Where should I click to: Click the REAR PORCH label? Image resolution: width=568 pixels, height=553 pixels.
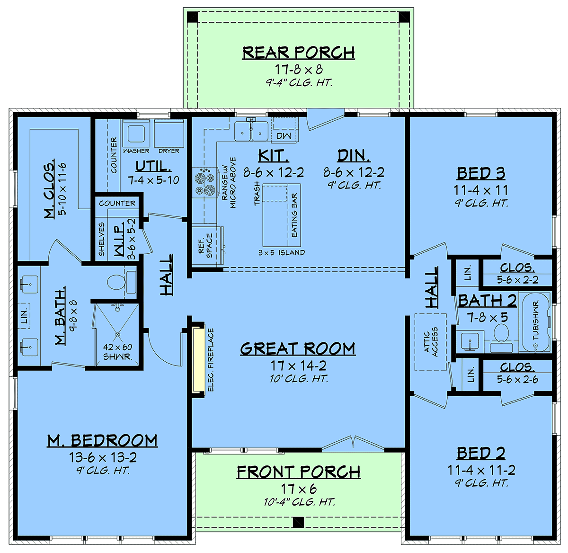(298, 53)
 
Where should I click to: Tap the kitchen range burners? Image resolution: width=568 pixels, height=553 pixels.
(205, 182)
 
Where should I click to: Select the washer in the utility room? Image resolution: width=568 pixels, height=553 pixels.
(136, 133)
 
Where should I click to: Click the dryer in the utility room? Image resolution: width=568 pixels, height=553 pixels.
(169, 133)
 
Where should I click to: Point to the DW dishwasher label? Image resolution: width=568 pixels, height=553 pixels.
(284, 136)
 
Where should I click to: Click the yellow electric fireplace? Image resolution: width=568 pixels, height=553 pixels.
(198, 360)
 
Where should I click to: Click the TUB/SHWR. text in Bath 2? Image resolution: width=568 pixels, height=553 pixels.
(536, 321)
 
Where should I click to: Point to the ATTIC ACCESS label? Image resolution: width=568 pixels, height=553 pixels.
(431, 342)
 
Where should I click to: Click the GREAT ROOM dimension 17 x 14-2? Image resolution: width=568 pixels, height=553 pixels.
(298, 366)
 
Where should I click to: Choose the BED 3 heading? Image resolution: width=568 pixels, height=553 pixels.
(481, 173)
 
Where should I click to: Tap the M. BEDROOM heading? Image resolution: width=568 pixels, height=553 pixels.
(102, 441)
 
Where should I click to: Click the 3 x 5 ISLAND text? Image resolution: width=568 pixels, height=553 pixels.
(281, 252)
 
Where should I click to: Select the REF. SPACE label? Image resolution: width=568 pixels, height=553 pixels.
(206, 246)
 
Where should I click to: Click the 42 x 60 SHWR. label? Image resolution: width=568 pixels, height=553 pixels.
(117, 352)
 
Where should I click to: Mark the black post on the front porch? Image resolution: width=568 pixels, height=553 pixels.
(298, 522)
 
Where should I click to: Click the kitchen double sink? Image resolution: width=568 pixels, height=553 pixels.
(251, 131)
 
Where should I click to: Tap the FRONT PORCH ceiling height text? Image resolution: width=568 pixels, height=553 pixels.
(299, 502)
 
